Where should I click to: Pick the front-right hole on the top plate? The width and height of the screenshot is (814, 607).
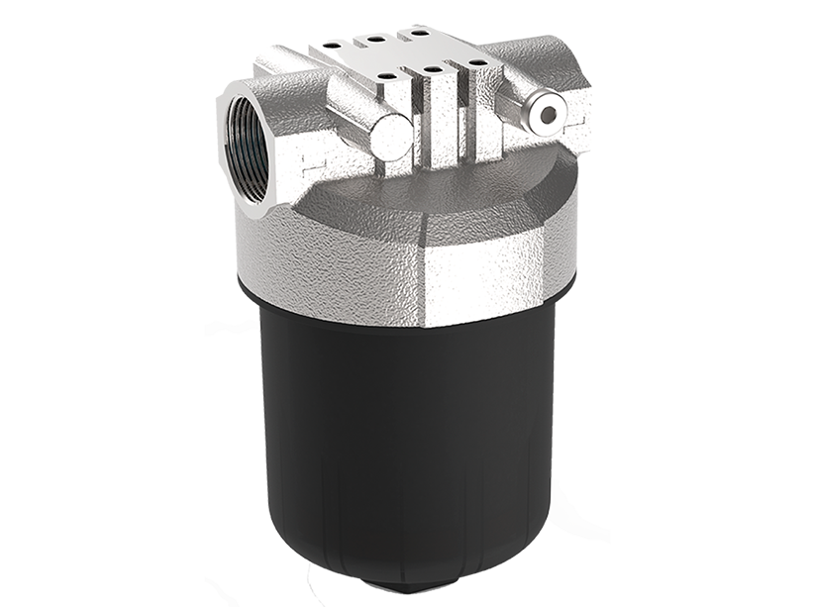pos(477,62)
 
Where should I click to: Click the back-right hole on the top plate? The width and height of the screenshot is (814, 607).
pos(419,33)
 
